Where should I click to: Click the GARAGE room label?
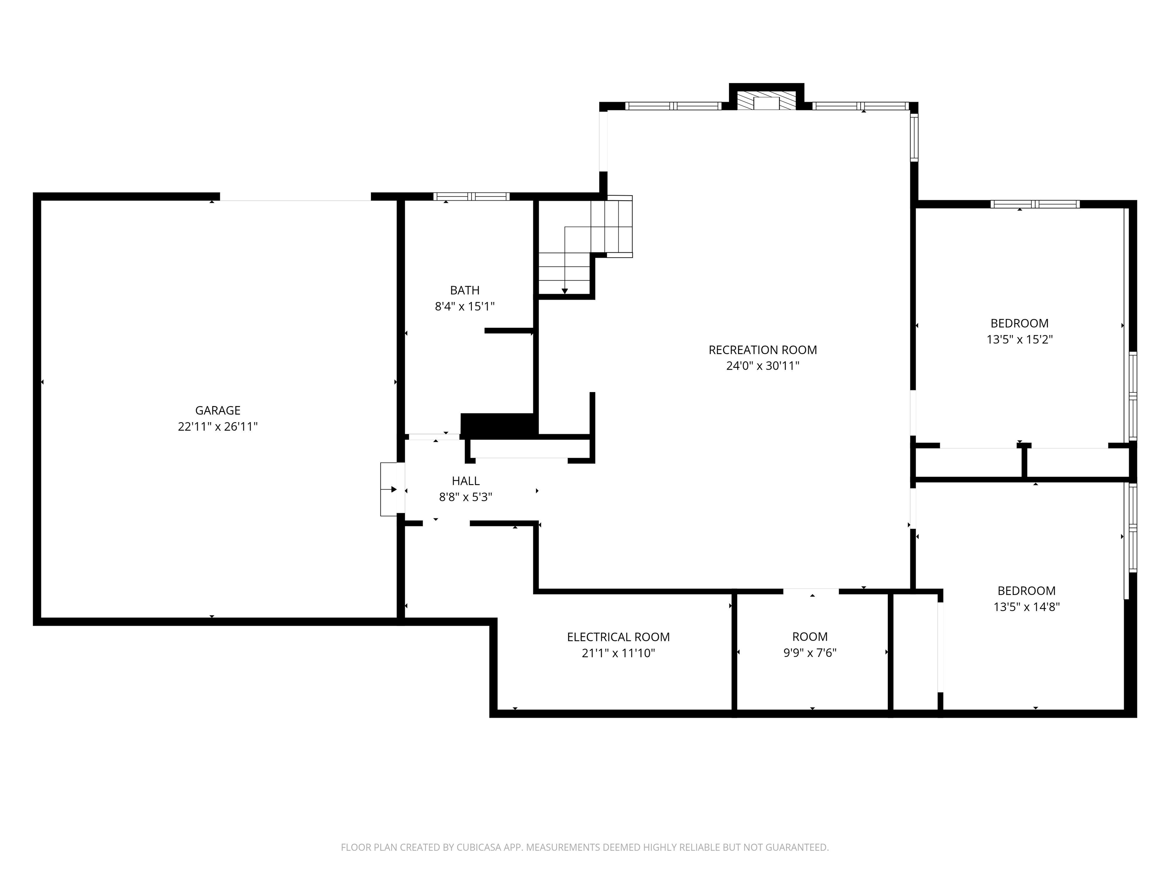coord(217,410)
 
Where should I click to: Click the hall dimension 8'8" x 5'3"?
coord(465,497)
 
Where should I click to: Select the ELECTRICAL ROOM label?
coord(618,637)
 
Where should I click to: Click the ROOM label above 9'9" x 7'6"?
coord(809,636)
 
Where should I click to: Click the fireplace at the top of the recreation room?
coord(766,102)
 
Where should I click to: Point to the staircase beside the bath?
coord(585,244)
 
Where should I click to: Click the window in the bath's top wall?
coord(471,197)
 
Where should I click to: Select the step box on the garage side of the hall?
coord(389,489)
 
